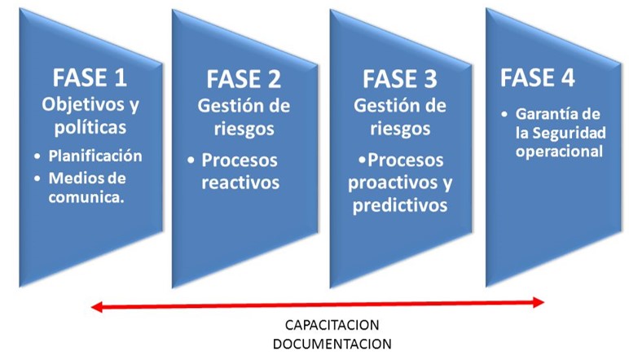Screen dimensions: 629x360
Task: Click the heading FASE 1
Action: [x=90, y=77]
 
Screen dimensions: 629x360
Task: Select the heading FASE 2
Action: [x=244, y=79]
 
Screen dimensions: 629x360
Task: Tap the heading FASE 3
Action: [x=399, y=79]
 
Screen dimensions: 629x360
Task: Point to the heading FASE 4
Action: [x=537, y=77]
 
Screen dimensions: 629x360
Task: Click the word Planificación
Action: [x=95, y=156]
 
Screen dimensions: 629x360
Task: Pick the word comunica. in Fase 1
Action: [x=86, y=197]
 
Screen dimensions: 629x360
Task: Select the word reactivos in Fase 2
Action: [x=240, y=182]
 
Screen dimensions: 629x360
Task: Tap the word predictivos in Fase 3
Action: [x=400, y=206]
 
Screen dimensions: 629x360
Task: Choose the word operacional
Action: [x=559, y=152]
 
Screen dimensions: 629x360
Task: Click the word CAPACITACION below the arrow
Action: [x=332, y=325]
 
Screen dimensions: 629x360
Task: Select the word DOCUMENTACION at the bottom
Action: [x=332, y=344]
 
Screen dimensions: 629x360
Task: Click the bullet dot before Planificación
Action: [x=37, y=156]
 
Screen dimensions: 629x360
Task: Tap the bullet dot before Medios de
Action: [x=37, y=179]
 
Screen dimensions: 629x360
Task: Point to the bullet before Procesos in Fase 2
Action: [x=191, y=160]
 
